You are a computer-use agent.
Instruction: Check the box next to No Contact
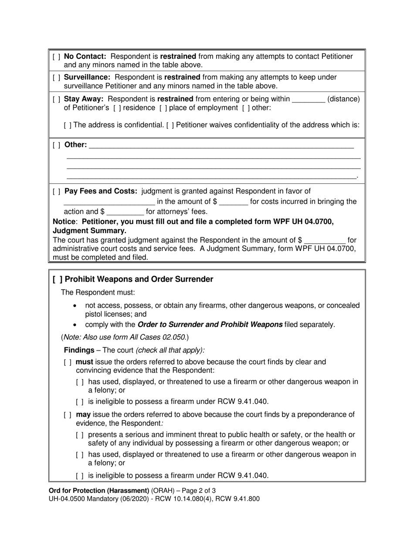tap(57, 57)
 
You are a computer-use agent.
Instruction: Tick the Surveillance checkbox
tap(57, 78)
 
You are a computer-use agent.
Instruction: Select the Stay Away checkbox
tap(57, 99)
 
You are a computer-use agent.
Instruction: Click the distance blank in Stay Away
tap(308, 99)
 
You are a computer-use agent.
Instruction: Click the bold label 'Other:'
tap(75, 145)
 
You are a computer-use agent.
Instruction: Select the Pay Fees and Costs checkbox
tap(57, 191)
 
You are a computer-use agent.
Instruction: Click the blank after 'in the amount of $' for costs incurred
tap(234, 202)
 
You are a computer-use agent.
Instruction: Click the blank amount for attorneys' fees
tap(125, 212)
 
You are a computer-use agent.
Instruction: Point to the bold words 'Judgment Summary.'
tap(89, 231)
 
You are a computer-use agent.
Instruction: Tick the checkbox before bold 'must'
tap(68, 362)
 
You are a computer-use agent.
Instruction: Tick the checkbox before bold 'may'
tap(68, 415)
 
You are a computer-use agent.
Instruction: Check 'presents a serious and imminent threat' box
tap(80, 435)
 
